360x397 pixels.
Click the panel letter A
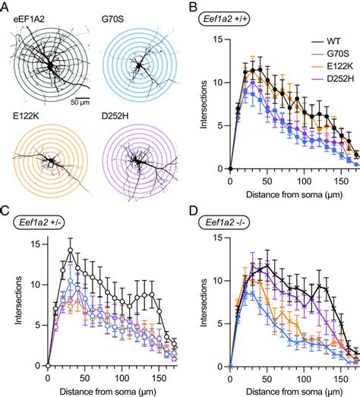pyautogui.click(x=5, y=6)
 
